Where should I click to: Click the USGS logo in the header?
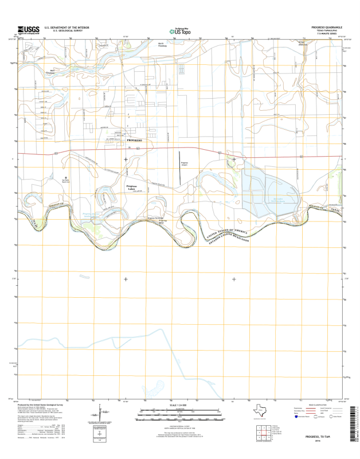pos(28,30)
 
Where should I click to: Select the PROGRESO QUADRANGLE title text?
pos(326,27)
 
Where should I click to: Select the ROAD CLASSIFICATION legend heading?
pos(322,403)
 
